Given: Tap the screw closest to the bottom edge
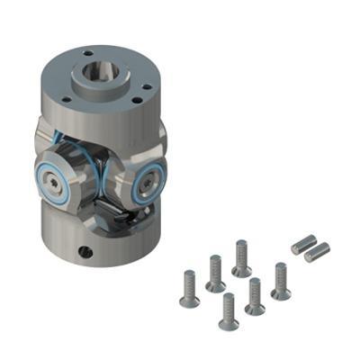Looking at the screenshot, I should coord(228,311).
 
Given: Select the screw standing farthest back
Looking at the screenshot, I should coord(241,257).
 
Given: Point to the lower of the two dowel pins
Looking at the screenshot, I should coord(316,252).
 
